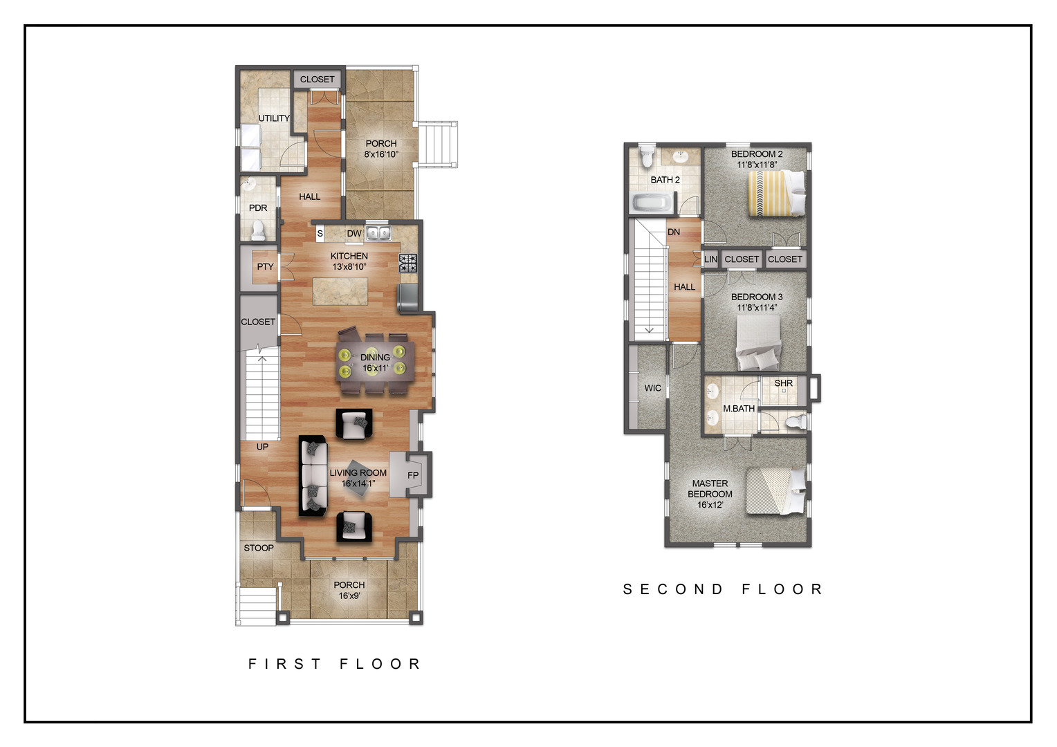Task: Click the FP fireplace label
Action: point(413,475)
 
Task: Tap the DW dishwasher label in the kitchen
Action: point(354,234)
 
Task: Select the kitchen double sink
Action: point(378,233)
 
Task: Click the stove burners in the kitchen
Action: point(408,264)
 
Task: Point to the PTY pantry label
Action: point(265,266)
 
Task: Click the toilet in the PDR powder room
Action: point(258,230)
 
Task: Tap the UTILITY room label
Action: point(274,118)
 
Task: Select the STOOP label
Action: point(259,548)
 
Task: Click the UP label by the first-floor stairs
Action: point(262,446)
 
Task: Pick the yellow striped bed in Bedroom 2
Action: point(776,194)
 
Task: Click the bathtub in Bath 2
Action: point(652,203)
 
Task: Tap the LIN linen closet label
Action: point(710,259)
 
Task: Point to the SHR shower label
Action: point(783,383)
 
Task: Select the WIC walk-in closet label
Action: point(652,388)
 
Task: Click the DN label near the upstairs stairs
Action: point(674,232)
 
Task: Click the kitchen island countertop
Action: point(340,291)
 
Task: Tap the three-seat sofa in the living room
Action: point(313,475)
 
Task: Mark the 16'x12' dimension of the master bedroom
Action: point(710,505)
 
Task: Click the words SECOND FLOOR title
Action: point(723,589)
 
